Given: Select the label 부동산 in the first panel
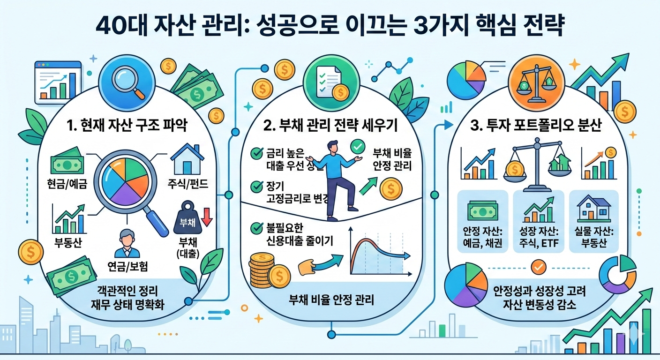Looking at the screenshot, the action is pos(67,242).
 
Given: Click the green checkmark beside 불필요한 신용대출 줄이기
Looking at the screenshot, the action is pos(257,228).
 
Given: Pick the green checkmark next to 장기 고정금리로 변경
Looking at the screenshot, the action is pos(257,186).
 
